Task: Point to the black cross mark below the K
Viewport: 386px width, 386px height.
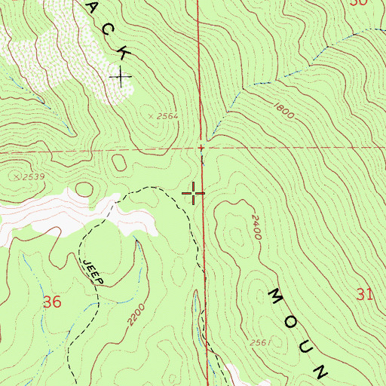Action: [120, 76]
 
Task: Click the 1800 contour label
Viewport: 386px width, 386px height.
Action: [283, 111]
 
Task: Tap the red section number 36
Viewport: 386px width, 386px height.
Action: [52, 302]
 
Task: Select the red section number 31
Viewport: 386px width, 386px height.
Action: [365, 294]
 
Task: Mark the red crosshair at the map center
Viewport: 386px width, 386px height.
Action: [194, 194]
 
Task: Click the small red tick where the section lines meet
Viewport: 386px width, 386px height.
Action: [201, 148]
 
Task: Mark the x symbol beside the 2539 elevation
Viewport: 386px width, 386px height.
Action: [14, 175]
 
